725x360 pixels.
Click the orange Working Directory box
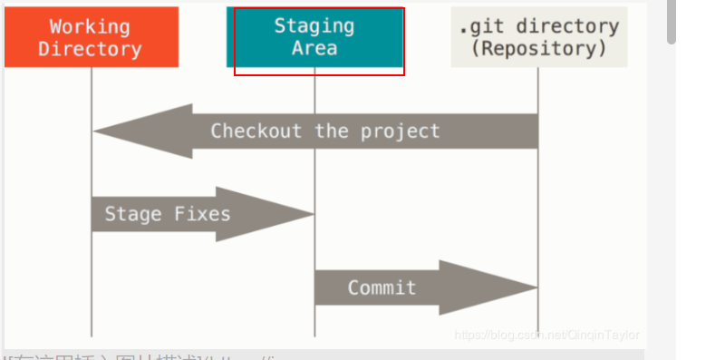[91, 36]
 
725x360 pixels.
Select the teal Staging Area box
[314, 36]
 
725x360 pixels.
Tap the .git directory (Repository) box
[538, 36]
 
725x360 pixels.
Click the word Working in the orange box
[91, 26]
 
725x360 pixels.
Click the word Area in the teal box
[314, 47]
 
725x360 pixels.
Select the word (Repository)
[538, 48]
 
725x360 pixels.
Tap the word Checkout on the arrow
[256, 131]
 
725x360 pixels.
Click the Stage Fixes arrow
[199, 215]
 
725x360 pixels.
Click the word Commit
[382, 288]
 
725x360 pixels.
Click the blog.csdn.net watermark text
[546, 335]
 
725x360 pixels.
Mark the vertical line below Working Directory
[92, 272]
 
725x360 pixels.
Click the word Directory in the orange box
[91, 48]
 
